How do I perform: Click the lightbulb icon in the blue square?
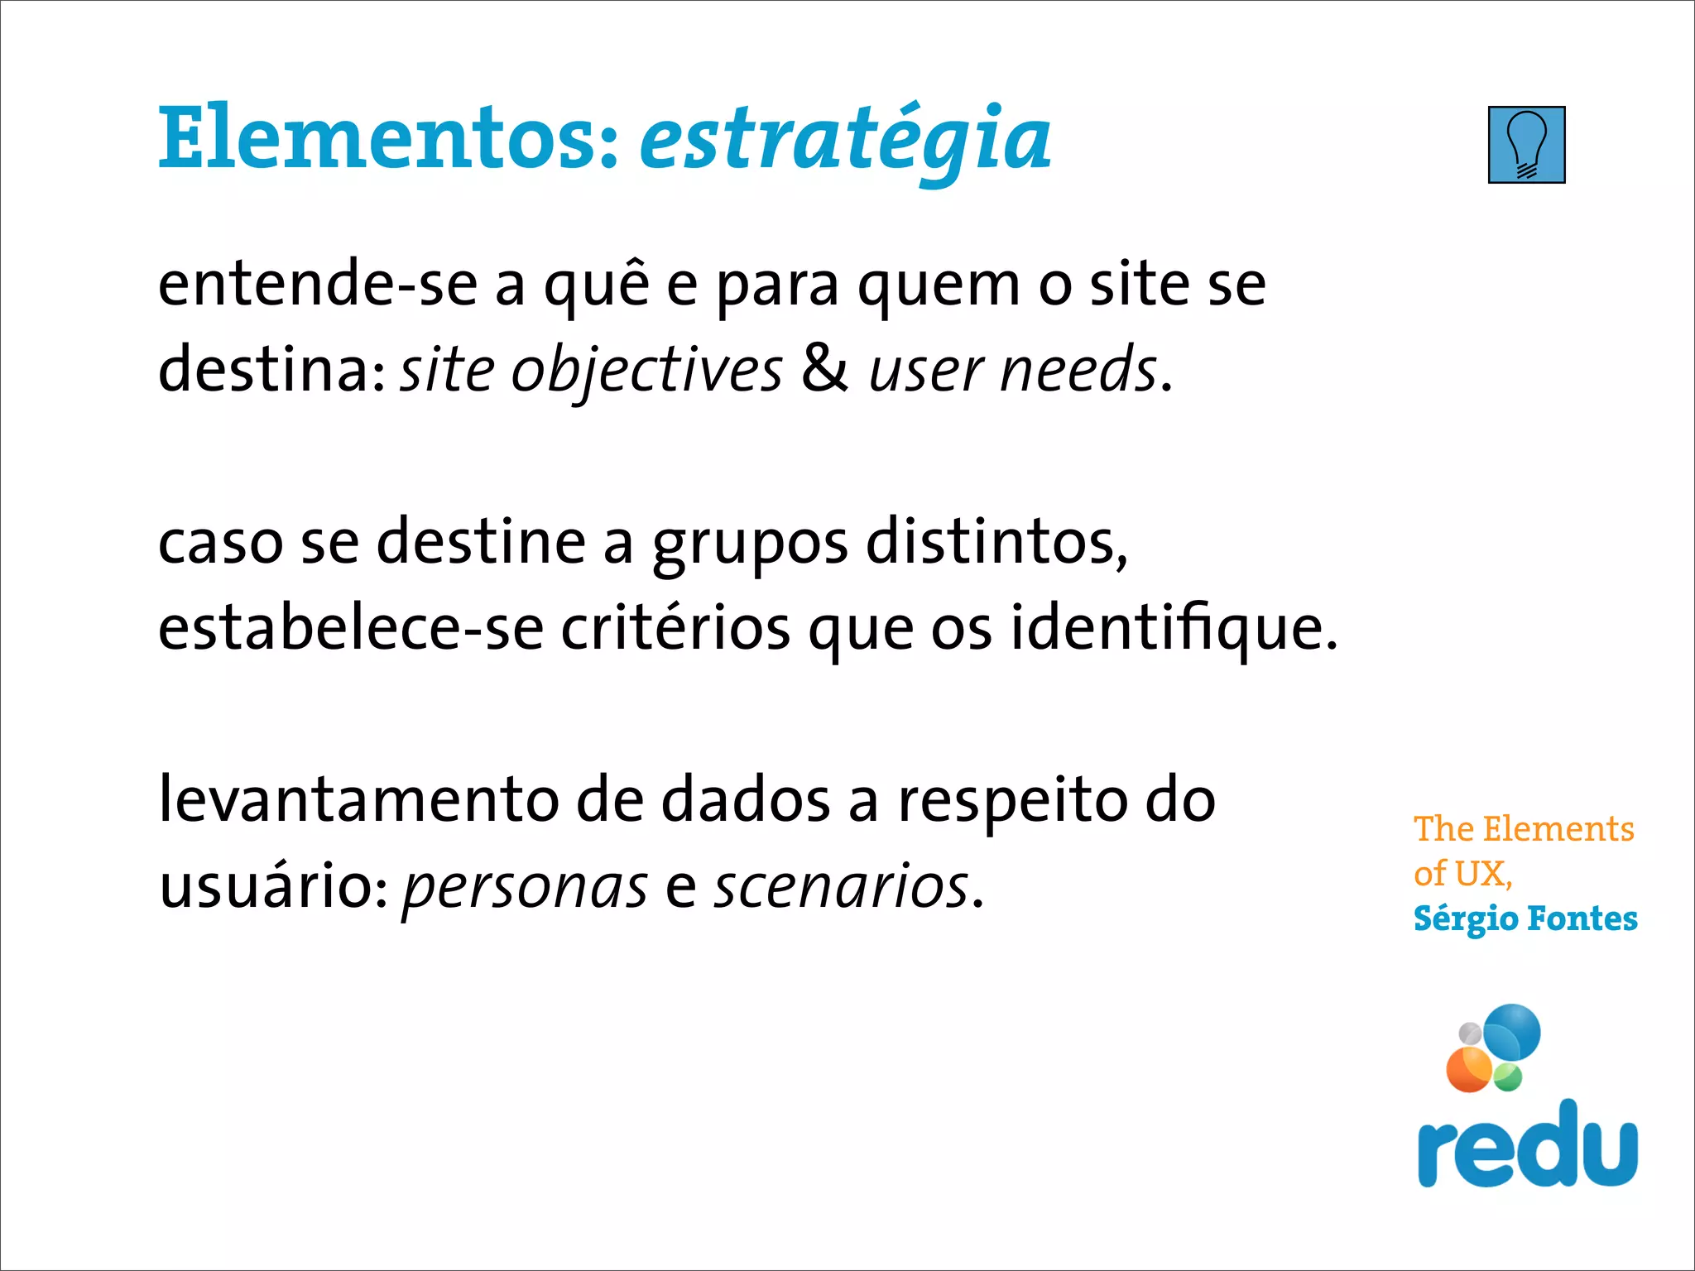point(1526,145)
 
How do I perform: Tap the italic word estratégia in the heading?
point(845,141)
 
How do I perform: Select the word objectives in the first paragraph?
point(646,371)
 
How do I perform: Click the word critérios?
point(675,628)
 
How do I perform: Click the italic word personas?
point(525,889)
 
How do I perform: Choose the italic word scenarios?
point(841,887)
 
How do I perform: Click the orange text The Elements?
point(1524,829)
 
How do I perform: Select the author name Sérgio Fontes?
point(1525,919)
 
